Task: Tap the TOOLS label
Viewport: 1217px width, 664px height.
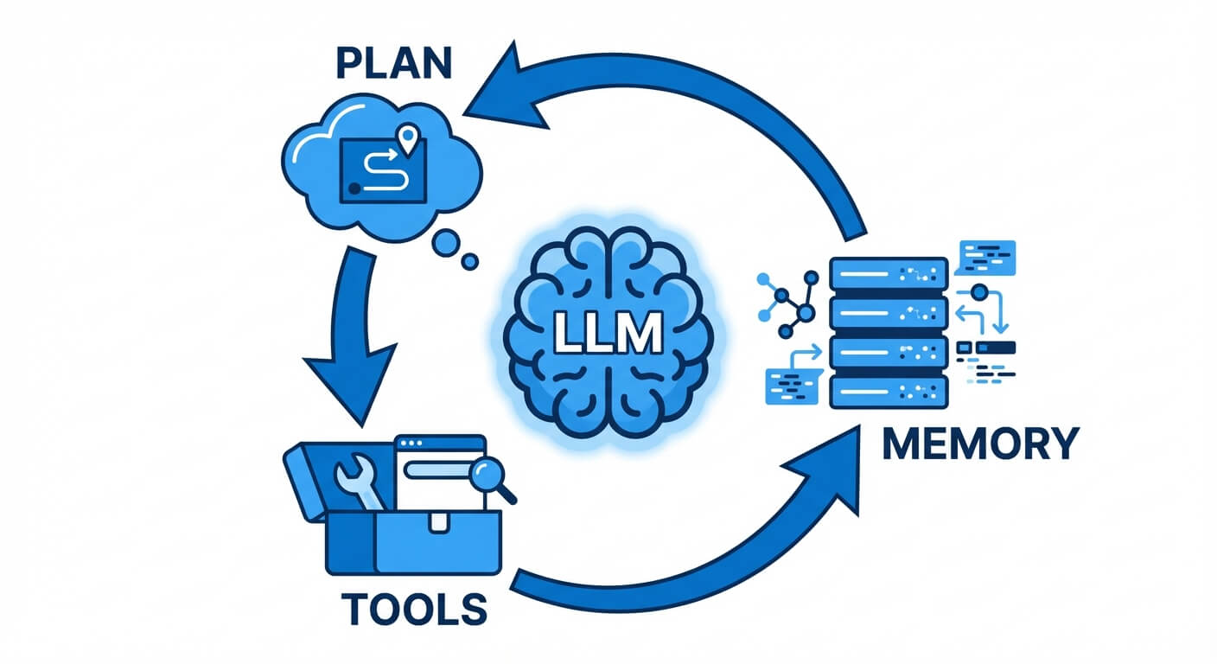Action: tap(413, 607)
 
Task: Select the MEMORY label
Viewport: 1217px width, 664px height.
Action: tap(980, 444)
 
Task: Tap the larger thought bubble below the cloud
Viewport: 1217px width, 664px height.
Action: tap(447, 242)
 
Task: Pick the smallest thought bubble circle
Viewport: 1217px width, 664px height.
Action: tap(471, 260)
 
